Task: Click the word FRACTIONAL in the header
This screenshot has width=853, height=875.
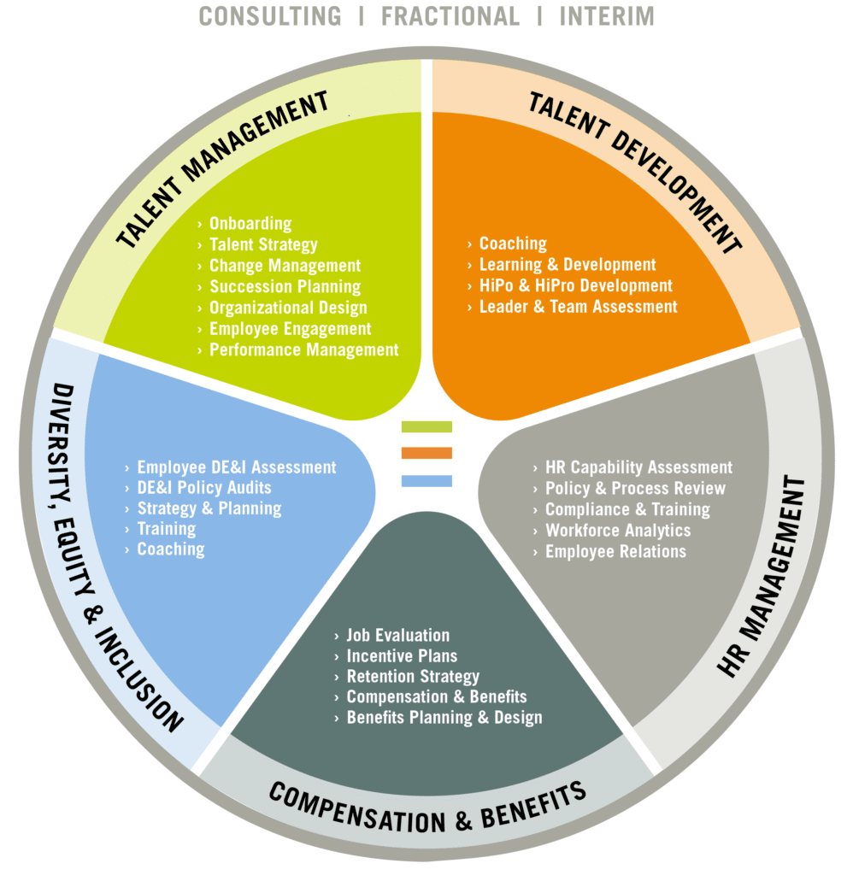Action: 450,16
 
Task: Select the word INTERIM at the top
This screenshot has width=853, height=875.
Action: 607,16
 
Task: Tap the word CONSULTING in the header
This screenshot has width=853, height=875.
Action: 270,16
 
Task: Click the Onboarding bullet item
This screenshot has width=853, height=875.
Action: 250,224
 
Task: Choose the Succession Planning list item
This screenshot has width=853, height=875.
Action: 285,287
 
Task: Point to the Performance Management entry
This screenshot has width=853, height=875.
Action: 303,349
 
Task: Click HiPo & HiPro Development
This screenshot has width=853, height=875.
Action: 575,285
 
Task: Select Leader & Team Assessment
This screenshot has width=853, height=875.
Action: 578,307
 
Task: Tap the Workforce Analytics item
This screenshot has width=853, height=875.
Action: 618,531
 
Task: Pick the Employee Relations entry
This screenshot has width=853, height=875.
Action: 615,552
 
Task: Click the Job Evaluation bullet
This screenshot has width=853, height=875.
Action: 398,636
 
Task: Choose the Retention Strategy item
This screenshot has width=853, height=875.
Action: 413,677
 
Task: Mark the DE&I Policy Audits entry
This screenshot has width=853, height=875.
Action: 204,488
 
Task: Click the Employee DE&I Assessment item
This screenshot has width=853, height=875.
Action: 237,467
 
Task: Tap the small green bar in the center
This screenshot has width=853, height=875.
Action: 426,427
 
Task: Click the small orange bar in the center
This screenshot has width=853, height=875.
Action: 426,453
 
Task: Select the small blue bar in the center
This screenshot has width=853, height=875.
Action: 426,481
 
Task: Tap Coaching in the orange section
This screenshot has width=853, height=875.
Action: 513,244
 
